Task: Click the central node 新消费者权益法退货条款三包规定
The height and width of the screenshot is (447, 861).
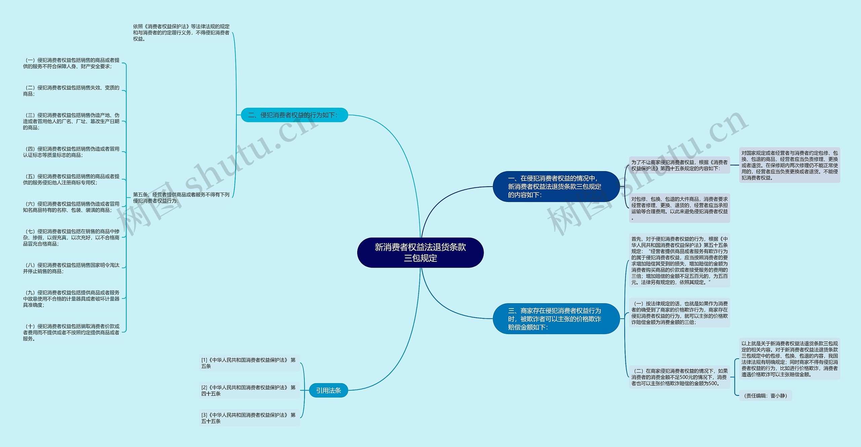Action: point(420,253)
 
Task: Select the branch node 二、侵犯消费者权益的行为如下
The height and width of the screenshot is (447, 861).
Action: point(294,115)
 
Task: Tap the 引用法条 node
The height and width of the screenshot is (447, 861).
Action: point(328,390)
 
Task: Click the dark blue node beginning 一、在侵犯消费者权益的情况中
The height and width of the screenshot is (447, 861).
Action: point(556,187)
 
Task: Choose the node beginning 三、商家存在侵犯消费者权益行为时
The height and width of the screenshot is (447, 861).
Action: point(556,319)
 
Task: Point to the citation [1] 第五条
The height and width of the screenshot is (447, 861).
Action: point(249,363)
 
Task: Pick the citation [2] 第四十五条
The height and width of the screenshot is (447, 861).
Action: point(249,391)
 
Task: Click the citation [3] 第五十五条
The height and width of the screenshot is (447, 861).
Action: point(249,418)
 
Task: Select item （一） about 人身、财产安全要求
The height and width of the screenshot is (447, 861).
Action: point(71,63)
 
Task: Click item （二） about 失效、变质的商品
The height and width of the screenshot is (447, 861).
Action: point(71,91)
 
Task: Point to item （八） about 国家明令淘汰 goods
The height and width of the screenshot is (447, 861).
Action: point(71,268)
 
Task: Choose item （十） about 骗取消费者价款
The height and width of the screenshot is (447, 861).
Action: point(71,332)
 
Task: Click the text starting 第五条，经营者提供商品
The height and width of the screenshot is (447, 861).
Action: point(181,198)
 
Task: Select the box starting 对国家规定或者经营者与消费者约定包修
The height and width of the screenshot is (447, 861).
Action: point(789,165)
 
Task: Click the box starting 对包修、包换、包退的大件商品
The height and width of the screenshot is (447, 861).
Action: point(679,208)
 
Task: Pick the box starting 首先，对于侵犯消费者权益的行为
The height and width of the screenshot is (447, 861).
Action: point(679,260)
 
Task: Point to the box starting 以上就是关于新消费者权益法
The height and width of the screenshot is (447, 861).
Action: point(789,359)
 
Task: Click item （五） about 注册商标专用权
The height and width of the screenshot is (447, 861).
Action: point(71,179)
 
